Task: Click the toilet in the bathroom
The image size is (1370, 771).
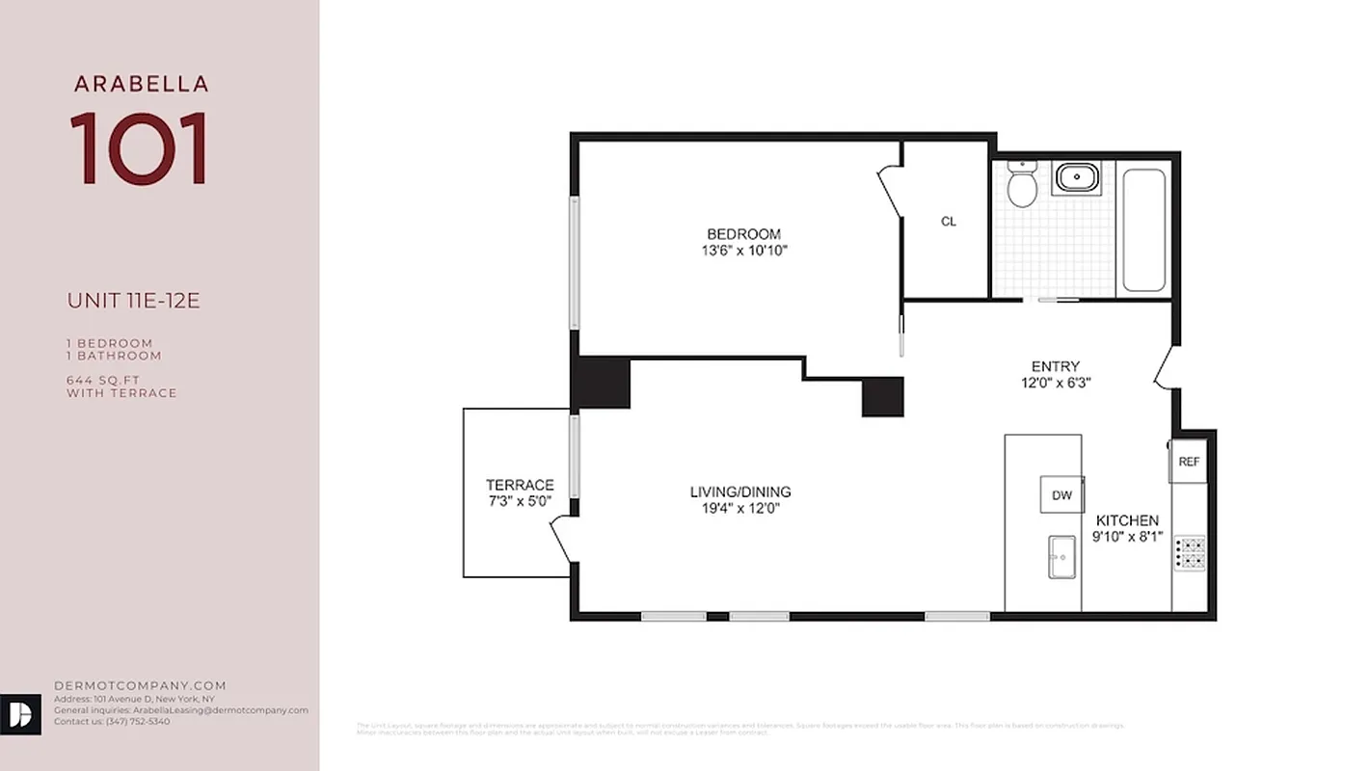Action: [x=1021, y=185]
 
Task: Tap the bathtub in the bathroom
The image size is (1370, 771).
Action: [x=1143, y=230]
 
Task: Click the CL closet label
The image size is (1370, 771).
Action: [x=949, y=222]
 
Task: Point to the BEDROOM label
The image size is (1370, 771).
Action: [x=743, y=234]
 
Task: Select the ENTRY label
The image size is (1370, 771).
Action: [x=1055, y=366]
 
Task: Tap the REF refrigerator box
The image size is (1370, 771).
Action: [x=1189, y=462]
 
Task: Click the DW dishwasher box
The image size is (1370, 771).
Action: [x=1061, y=495]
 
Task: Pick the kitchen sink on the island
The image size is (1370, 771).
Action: [x=1062, y=557]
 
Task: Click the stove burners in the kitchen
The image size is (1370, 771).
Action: [x=1189, y=552]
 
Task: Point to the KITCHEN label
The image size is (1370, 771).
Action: [x=1127, y=520]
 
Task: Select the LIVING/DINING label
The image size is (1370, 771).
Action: [x=739, y=492]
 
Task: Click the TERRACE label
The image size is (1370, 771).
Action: [x=520, y=485]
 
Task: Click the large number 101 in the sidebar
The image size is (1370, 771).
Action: [x=140, y=148]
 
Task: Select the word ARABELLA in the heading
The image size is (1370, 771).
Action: [x=141, y=84]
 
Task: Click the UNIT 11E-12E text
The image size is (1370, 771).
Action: [x=133, y=301]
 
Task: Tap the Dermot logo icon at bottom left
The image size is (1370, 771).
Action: [x=20, y=714]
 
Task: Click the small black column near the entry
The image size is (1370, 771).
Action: [x=882, y=396]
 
